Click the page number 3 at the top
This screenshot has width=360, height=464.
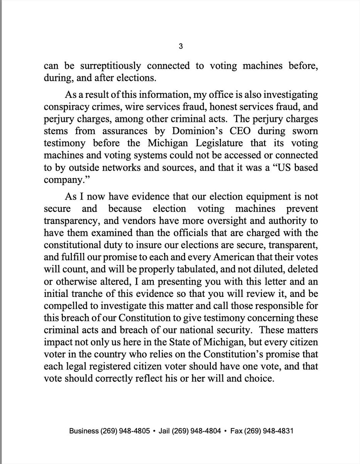(180, 47)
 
